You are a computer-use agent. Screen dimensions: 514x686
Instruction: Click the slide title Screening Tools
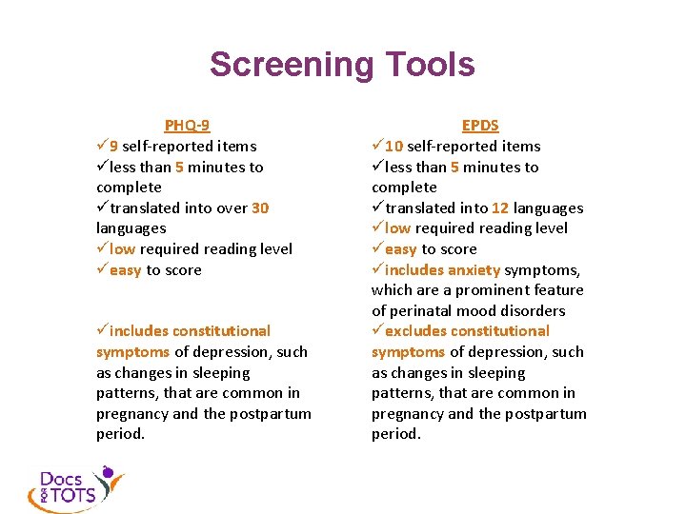pyautogui.click(x=342, y=65)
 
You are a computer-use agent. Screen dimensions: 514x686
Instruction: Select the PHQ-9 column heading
pyautogui.click(x=187, y=126)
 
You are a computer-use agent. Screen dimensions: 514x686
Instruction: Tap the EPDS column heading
pyautogui.click(x=480, y=126)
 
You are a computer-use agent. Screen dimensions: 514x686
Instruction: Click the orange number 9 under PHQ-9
pyautogui.click(x=114, y=147)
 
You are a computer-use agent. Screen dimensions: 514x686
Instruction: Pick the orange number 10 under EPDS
pyautogui.click(x=393, y=147)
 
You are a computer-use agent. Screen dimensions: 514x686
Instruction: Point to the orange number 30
pyautogui.click(x=260, y=208)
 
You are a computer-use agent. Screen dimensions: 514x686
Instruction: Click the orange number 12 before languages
pyautogui.click(x=500, y=208)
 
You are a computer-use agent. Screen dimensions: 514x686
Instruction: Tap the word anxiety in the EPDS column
pyautogui.click(x=474, y=269)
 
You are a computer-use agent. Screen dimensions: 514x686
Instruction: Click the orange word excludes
pyautogui.click(x=415, y=331)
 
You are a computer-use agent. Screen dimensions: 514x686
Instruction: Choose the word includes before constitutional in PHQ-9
pyautogui.click(x=140, y=331)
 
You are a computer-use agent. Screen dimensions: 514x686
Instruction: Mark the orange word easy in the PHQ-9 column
pyautogui.click(x=125, y=269)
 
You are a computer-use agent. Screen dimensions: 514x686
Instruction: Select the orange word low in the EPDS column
pyautogui.click(x=398, y=228)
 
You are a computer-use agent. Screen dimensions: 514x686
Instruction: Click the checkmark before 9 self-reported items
pyautogui.click(x=102, y=147)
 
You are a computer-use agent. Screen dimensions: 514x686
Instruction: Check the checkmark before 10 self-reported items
pyautogui.click(x=377, y=147)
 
